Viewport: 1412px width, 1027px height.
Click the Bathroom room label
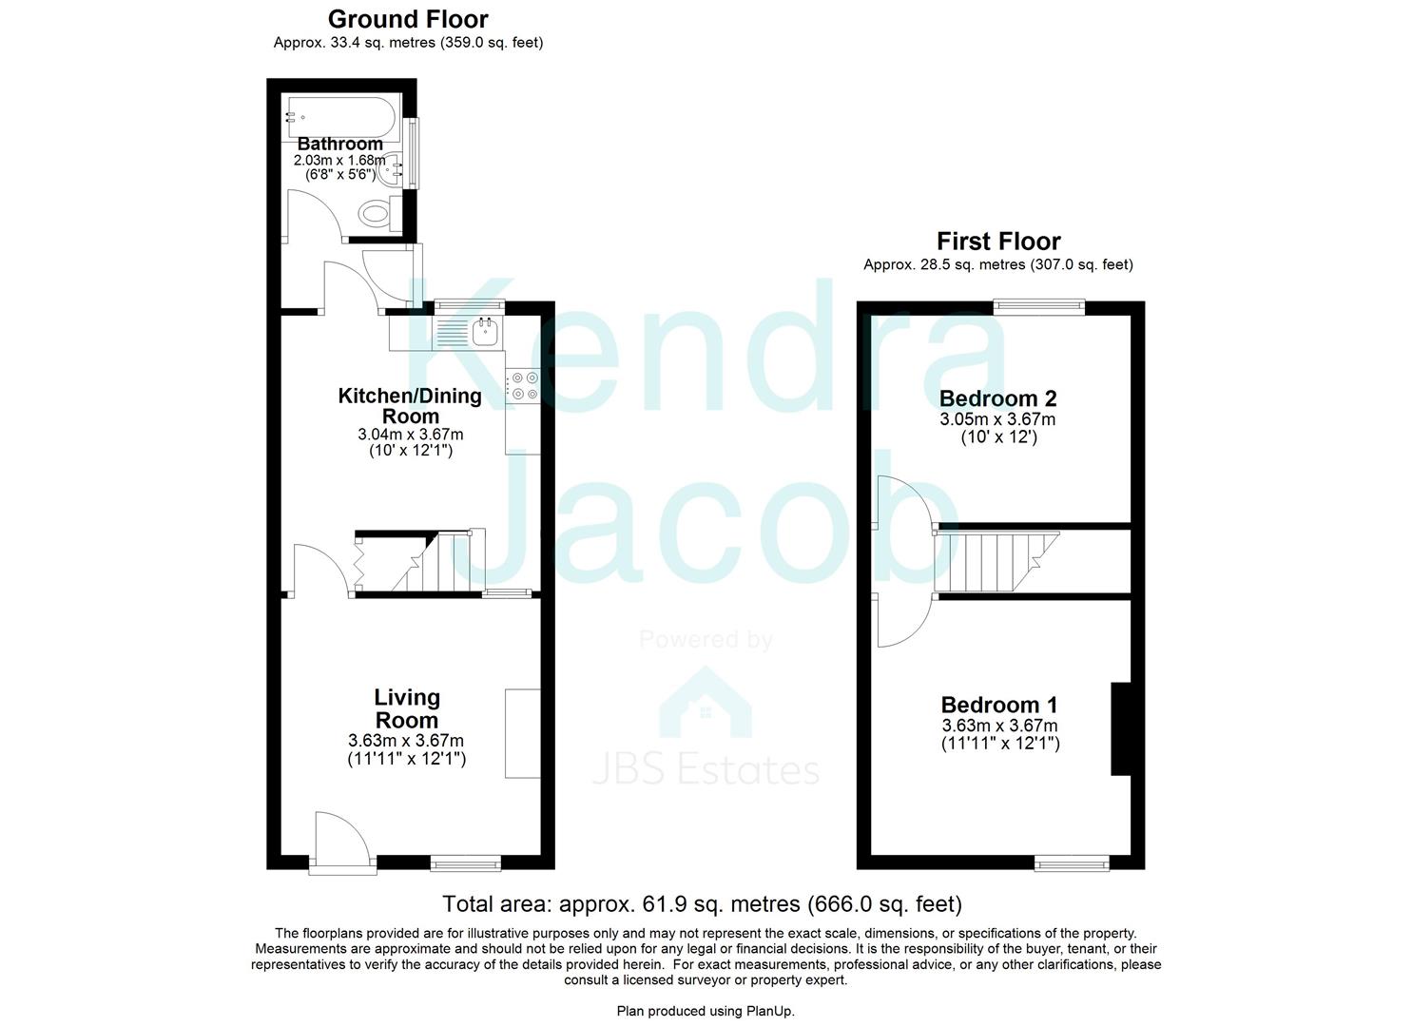click(339, 144)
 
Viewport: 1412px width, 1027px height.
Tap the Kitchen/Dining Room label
click(410, 406)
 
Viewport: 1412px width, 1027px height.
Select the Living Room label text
click(406, 709)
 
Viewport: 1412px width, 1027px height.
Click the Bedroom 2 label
click(997, 398)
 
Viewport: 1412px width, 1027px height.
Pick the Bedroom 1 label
click(998, 705)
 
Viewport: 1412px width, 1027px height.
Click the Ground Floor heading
click(408, 19)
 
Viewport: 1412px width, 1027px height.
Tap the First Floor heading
click(997, 242)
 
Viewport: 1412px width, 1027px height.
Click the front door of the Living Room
click(339, 842)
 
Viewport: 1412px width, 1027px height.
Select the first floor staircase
click(994, 561)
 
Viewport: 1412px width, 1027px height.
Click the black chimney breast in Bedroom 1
click(1121, 729)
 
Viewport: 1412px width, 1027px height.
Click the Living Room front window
click(465, 862)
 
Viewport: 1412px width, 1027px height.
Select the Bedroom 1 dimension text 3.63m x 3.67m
click(999, 726)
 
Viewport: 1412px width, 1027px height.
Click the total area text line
click(702, 903)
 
